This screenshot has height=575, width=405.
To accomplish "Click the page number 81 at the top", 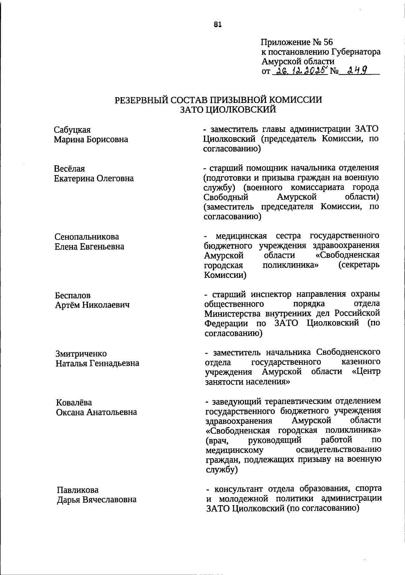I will point(218,24).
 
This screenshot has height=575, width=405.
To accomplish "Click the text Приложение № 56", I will point(297,42).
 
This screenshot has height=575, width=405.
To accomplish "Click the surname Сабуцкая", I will point(72,130).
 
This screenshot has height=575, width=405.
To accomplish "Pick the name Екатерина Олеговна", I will point(94,178).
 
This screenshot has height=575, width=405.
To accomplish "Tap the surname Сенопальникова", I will point(87,237).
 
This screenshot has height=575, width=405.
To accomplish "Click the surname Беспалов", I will point(73,296).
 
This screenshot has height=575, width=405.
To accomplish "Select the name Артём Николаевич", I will point(92,305).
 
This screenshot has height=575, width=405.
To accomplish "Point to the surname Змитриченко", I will point(81,354).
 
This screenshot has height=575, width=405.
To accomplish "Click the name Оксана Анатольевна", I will point(97,412).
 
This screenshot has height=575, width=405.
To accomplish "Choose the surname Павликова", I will point(78,490).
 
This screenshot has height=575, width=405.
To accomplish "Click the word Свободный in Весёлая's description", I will point(226,197).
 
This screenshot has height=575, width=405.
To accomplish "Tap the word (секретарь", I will point(358,265).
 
